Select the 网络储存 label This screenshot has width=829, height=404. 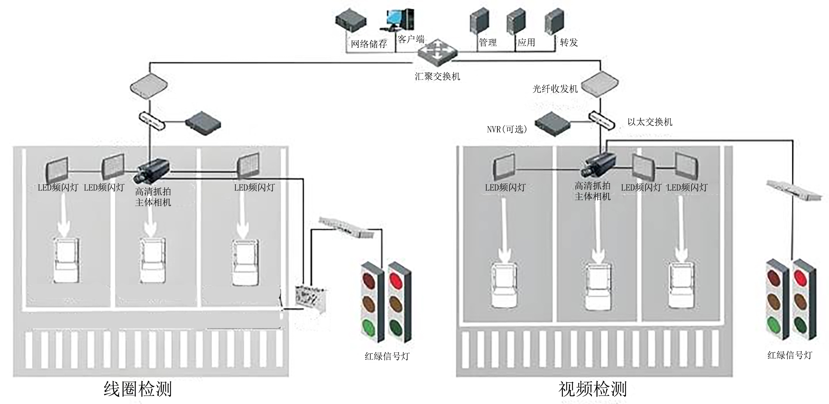[x=369, y=44]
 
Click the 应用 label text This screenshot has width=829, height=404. [x=526, y=42]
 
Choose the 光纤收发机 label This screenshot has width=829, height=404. [x=555, y=89]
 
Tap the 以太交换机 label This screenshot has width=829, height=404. [x=650, y=122]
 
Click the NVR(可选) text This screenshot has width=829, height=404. [x=507, y=129]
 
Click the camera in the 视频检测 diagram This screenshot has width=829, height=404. [x=598, y=165]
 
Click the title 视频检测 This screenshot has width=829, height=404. [x=592, y=389]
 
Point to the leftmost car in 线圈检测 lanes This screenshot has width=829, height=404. [x=67, y=260]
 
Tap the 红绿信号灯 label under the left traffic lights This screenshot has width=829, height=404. [x=387, y=356]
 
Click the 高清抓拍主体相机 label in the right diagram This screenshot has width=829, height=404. [x=592, y=191]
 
